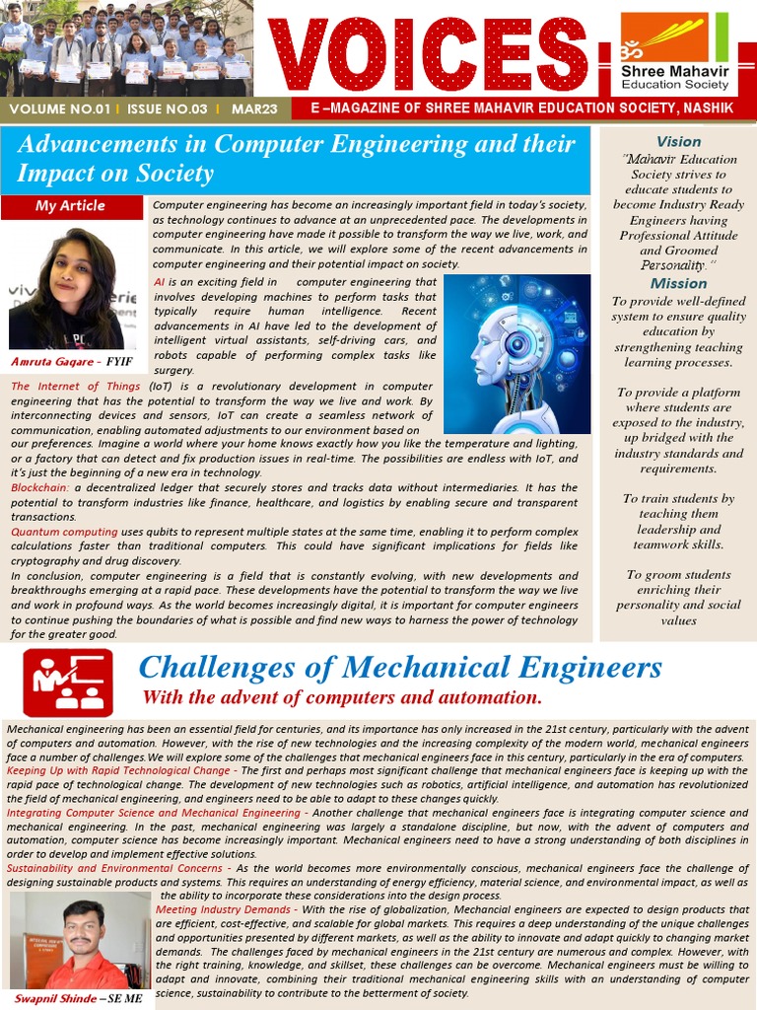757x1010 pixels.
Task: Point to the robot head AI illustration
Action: click(516, 354)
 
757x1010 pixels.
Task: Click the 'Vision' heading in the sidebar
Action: click(678, 142)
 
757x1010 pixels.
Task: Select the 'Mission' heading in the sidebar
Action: click(678, 283)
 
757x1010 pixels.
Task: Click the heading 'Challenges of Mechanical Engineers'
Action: click(400, 668)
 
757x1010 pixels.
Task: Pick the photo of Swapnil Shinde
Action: click(78, 941)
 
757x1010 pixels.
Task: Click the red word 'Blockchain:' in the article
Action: click(40, 487)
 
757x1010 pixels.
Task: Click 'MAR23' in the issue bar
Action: click(254, 108)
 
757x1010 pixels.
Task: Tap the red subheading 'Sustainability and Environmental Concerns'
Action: click(113, 867)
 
